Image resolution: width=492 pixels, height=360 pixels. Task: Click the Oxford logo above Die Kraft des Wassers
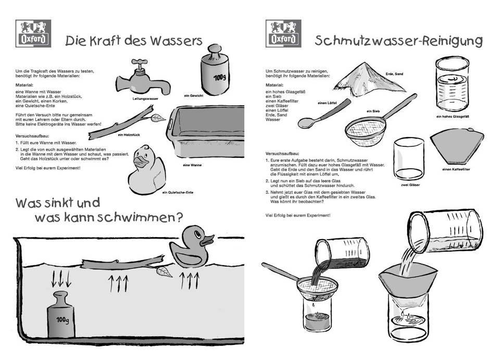pos(33,33)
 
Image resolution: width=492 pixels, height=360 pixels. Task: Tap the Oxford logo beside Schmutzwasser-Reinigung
pos(283,33)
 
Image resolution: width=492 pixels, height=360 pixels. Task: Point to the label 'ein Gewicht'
pos(194,96)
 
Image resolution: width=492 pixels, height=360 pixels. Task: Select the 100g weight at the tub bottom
pos(61,315)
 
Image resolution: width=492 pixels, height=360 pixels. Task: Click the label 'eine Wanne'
pos(192,165)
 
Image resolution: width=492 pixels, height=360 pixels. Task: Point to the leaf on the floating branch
pos(165,272)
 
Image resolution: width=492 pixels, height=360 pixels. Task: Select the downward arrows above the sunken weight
pos(61,279)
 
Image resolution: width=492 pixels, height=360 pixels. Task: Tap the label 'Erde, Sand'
pos(395,74)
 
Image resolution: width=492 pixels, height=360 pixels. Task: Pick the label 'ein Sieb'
pos(373,111)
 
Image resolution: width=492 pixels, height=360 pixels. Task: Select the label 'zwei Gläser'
pos(410,185)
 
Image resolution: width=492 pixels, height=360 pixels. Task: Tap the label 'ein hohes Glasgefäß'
pos(452,117)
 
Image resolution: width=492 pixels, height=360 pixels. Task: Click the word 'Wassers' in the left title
pos(176,41)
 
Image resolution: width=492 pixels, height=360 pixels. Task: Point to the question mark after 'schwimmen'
pos(179,216)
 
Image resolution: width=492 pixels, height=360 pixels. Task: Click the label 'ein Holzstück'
pos(129,135)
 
